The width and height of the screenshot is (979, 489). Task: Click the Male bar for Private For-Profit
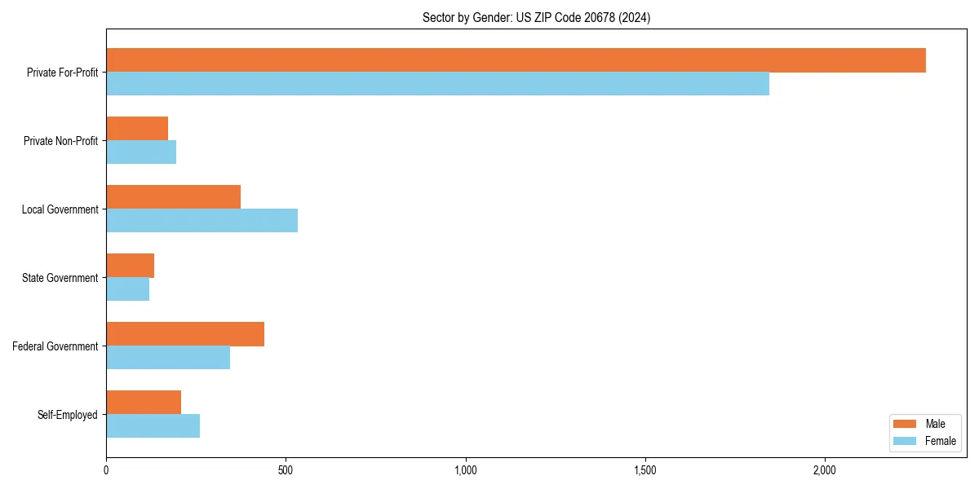[516, 60]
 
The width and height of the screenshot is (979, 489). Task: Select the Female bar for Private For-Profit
[437, 84]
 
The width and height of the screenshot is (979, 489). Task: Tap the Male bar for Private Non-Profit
[137, 129]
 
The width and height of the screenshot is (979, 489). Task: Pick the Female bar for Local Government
[202, 221]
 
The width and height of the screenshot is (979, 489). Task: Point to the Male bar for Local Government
[173, 197]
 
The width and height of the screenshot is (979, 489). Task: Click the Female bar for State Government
[127, 289]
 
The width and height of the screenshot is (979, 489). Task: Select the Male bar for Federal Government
[185, 334]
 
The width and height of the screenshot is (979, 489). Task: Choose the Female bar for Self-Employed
[153, 426]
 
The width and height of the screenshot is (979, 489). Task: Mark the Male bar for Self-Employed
[144, 403]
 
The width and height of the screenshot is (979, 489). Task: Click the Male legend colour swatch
[906, 424]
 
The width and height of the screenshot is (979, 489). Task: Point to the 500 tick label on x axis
[286, 471]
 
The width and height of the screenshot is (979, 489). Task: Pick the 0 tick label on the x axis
[106, 471]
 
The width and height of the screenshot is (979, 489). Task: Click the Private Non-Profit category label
[60, 141]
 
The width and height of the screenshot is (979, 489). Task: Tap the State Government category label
[60, 278]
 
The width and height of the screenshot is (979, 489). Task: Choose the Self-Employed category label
[68, 415]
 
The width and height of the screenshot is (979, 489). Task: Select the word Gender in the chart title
[489, 17]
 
